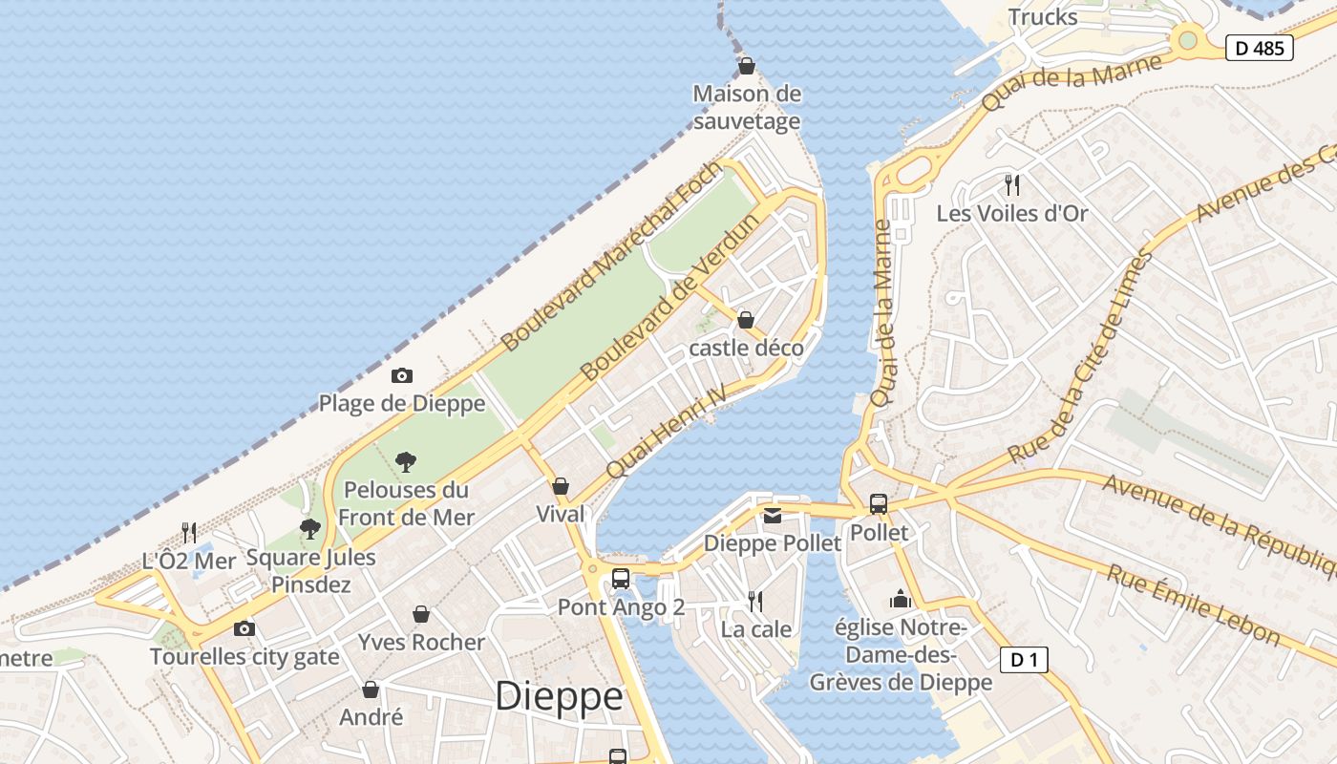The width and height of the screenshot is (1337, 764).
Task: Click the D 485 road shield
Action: [x=1259, y=48]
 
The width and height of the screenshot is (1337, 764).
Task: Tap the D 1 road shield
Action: [x=1024, y=659]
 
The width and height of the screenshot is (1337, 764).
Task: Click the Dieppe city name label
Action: [x=559, y=696]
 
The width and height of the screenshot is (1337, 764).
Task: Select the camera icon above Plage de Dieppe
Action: [x=402, y=376]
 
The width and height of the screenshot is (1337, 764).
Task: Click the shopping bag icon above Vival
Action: [x=561, y=486]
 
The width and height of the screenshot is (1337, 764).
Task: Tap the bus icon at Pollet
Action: [x=878, y=504]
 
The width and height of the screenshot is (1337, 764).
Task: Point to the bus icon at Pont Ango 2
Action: [x=621, y=579]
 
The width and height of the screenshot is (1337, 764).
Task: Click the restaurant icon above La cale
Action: [x=755, y=602]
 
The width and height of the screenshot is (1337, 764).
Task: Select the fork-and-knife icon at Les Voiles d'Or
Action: [x=1012, y=184]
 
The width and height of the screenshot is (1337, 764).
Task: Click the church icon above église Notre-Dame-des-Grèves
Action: [x=900, y=599]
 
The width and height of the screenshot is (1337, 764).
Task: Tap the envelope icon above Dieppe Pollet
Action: [x=772, y=516]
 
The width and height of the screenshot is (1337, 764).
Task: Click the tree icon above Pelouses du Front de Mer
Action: [x=406, y=462]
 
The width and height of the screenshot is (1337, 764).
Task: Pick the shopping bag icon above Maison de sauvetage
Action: [x=747, y=66]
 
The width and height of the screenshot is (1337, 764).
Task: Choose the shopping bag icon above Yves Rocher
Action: [x=421, y=614]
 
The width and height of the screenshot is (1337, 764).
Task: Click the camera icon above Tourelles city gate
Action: [x=244, y=628]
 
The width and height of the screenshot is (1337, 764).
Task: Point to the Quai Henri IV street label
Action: [x=666, y=432]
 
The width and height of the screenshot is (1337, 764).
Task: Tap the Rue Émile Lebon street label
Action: [x=1193, y=605]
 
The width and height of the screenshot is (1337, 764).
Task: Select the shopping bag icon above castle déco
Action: [x=746, y=320]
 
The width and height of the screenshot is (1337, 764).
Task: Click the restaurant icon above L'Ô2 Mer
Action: [x=189, y=532]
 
